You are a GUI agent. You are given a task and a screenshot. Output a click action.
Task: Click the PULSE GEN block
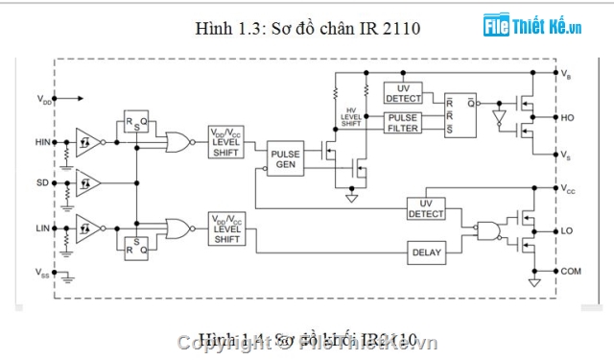point(285,159)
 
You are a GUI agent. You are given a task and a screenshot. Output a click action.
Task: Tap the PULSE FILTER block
point(404,123)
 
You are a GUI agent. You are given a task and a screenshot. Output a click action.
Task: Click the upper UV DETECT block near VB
point(403,93)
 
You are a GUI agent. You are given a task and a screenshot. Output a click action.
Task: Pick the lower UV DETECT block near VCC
point(426,208)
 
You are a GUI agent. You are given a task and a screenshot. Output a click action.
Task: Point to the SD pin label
point(42,182)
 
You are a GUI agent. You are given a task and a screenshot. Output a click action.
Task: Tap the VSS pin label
point(43,274)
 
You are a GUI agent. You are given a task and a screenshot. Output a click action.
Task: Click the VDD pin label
point(45,98)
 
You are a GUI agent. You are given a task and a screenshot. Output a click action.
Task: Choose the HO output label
point(567,118)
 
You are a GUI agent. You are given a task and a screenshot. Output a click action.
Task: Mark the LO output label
point(567,231)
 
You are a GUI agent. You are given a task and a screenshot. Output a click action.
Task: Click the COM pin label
point(571,272)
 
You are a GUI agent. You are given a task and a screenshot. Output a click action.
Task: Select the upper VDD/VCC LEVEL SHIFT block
point(226,142)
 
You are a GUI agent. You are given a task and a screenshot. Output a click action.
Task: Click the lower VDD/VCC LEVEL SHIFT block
point(226,229)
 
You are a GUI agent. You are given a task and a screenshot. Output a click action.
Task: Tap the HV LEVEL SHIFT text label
point(352,117)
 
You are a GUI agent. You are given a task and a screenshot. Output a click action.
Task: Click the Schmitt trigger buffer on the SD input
point(88,181)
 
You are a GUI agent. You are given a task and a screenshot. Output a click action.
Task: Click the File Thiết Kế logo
point(532,26)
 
